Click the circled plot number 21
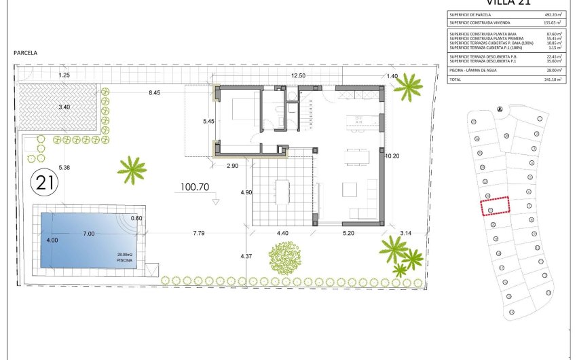[45, 182]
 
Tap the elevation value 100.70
[195, 185]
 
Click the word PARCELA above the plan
[25, 52]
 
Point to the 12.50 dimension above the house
[298, 76]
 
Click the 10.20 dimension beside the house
[392, 156]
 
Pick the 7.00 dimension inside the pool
[89, 234]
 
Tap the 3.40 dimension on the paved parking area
[64, 107]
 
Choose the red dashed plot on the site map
[494, 205]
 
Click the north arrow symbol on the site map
[500, 109]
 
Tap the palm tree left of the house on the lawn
[132, 168]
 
